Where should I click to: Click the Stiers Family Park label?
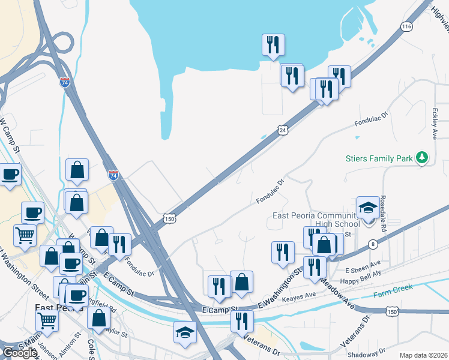379,159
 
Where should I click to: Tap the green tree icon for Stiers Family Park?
423,158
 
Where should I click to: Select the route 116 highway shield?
408,27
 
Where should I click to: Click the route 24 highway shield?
282,129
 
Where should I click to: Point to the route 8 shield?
373,244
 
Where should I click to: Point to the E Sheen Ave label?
364,264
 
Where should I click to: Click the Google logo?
20,353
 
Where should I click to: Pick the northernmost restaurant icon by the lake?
273,44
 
